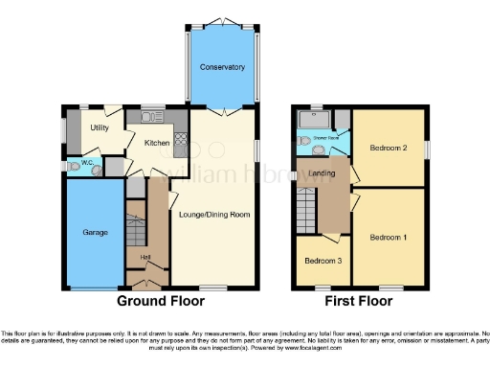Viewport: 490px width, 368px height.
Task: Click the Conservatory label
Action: click(x=222, y=67)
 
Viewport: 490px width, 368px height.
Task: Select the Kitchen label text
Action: click(x=157, y=143)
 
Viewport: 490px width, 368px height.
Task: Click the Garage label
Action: click(x=93, y=233)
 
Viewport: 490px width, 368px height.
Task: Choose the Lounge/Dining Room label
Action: click(x=214, y=215)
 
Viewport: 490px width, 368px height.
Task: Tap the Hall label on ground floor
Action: click(x=145, y=258)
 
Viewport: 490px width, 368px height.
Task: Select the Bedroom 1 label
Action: click(x=389, y=237)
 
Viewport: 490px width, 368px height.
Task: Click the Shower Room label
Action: click(x=327, y=140)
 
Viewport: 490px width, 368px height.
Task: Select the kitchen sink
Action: click(x=153, y=118)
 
